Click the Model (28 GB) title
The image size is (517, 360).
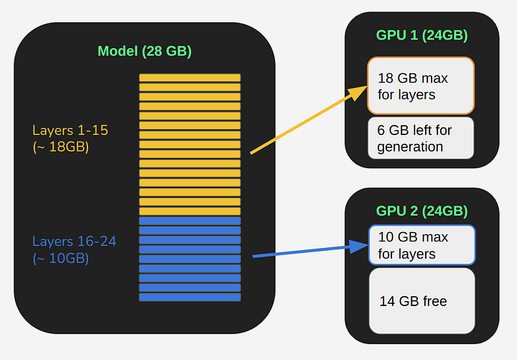pyautogui.click(x=144, y=51)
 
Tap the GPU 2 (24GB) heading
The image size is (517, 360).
pyautogui.click(x=421, y=211)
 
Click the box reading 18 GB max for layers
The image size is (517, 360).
pyautogui.click(x=421, y=86)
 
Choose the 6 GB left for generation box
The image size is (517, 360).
pyautogui.click(x=421, y=138)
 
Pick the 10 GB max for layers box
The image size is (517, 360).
pyautogui.click(x=421, y=245)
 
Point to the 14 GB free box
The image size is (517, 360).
pyautogui.click(x=421, y=300)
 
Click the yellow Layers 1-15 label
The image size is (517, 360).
pyautogui.click(x=70, y=131)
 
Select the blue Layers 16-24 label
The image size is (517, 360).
pyautogui.click(x=74, y=241)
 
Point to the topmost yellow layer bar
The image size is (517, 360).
pyautogui.click(x=190, y=78)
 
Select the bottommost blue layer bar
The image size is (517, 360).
pyautogui.click(x=190, y=297)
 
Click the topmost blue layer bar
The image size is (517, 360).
pyautogui.click(x=190, y=221)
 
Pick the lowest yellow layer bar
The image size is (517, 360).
pyautogui.click(x=190, y=211)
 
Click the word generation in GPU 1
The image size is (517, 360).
pyautogui.click(x=410, y=147)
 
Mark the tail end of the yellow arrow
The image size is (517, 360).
pyautogui.click(x=251, y=152)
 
